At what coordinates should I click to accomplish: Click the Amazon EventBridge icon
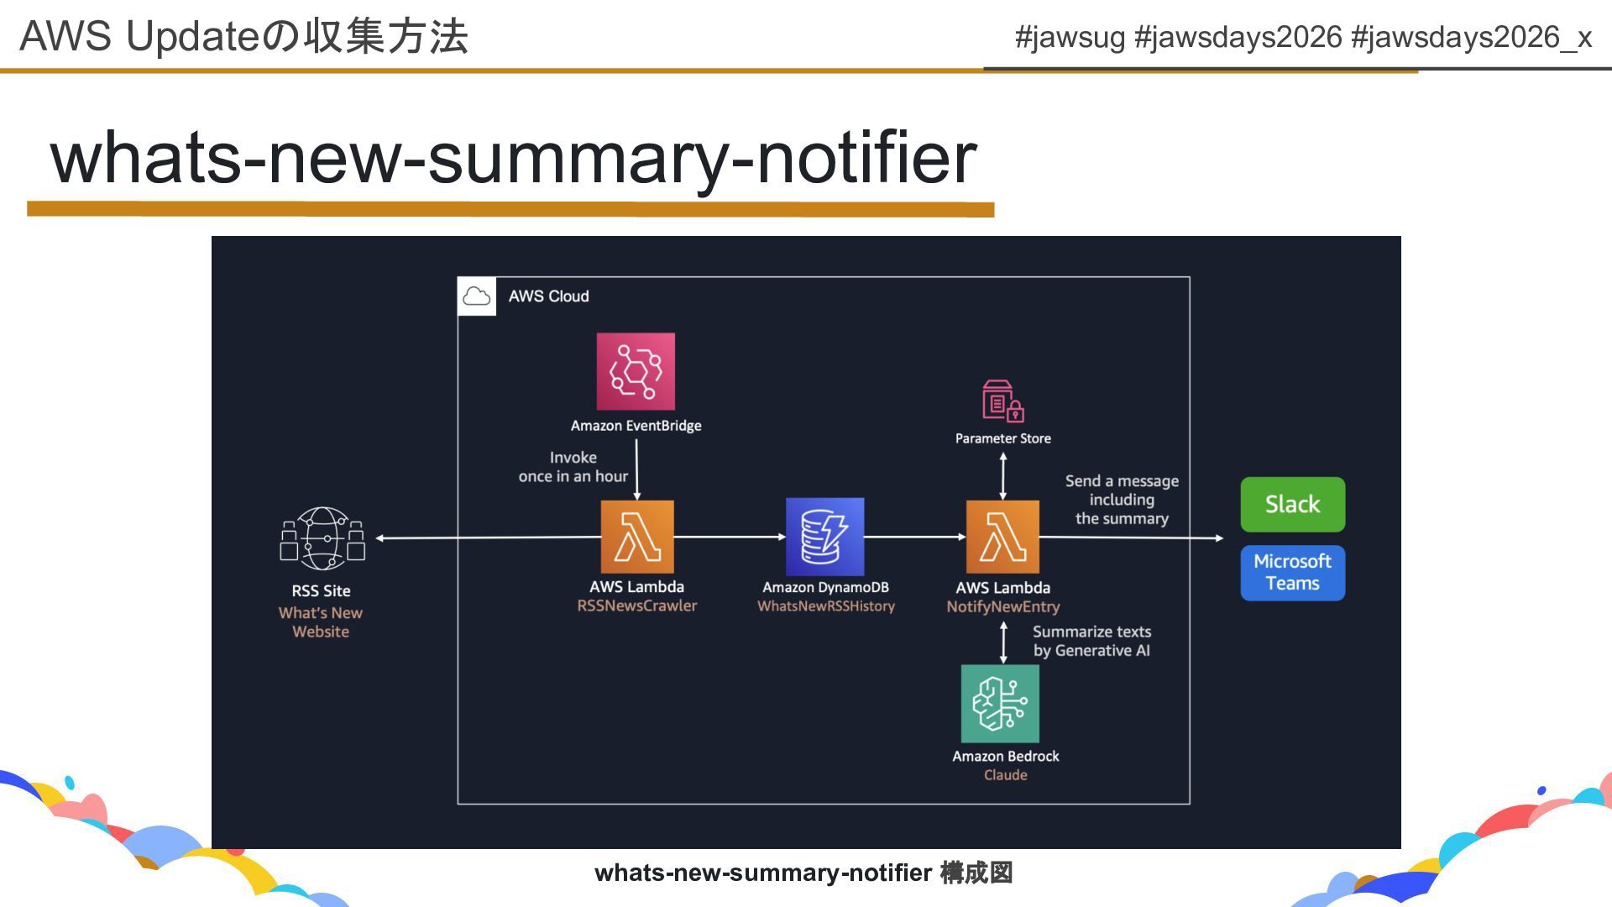(636, 371)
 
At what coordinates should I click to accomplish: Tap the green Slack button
(1292, 504)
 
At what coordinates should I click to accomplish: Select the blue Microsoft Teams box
(1292, 573)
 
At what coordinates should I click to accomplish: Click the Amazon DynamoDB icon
(824, 537)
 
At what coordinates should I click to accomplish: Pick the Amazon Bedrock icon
(1000, 704)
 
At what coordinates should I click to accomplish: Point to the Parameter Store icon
(1002, 401)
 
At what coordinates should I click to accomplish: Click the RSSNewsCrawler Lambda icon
(637, 537)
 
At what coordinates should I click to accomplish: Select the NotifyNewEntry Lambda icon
(1002, 537)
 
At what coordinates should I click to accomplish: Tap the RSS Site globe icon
(322, 538)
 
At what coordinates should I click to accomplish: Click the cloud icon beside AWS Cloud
(477, 296)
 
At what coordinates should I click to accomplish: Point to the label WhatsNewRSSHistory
(826, 606)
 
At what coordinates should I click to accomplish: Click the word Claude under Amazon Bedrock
(1005, 775)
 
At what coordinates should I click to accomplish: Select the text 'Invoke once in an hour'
(573, 467)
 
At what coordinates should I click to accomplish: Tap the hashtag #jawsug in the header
(1070, 37)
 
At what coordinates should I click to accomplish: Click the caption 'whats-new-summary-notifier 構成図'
(803, 873)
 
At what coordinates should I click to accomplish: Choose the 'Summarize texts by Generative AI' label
(1091, 641)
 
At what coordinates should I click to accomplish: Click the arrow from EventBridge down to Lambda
(636, 469)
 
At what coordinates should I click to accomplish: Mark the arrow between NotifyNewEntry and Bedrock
(1003, 642)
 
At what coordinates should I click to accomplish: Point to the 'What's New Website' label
(321, 622)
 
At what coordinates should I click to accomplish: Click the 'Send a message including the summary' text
(1122, 500)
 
